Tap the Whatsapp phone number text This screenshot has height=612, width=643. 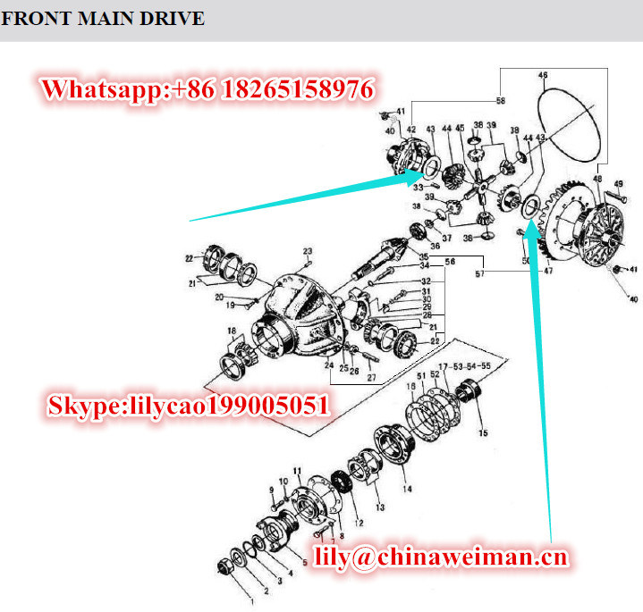tap(207, 88)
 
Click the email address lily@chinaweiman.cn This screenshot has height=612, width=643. tap(442, 558)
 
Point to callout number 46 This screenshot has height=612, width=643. tap(542, 77)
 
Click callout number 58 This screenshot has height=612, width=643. tap(500, 100)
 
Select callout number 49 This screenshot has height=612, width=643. tap(618, 184)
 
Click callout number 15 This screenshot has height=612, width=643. tap(483, 432)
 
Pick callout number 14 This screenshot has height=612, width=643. tap(406, 489)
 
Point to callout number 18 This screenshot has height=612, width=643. tap(232, 331)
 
